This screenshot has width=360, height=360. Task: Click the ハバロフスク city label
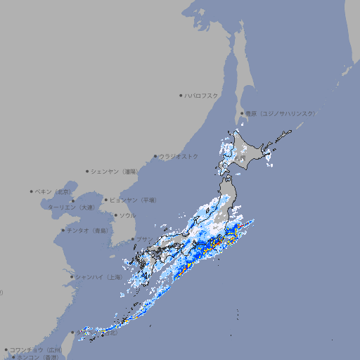[202, 95]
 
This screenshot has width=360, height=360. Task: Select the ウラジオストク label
[179, 156]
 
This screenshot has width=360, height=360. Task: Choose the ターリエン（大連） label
[71, 207]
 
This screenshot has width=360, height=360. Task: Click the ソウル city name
[127, 215]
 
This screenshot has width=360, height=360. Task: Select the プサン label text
[143, 239]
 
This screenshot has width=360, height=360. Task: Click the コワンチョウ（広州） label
[36, 349]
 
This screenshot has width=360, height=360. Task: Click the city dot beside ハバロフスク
[181, 95]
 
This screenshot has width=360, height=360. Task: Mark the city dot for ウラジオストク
[155, 156]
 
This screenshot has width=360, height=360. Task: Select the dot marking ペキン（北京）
[32, 191]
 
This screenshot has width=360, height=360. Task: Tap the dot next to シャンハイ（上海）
[72, 277]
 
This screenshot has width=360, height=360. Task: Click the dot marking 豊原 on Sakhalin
[242, 113]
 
